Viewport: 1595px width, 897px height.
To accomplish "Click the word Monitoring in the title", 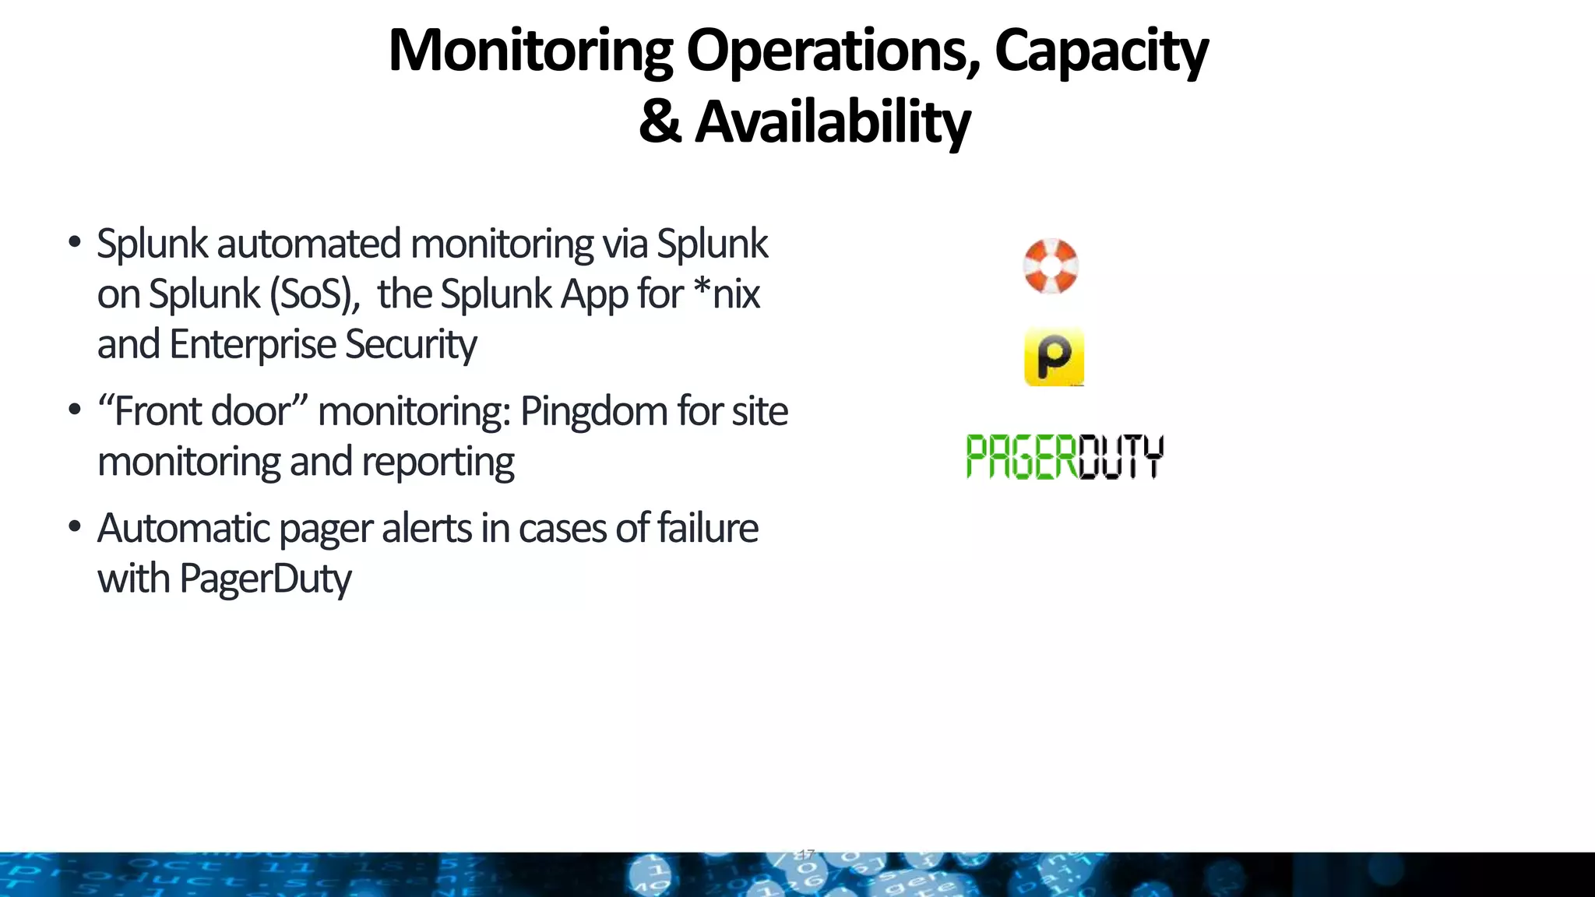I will tap(530, 51).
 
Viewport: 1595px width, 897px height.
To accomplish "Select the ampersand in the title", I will tap(660, 122).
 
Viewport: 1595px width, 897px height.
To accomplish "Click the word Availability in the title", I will tap(832, 122).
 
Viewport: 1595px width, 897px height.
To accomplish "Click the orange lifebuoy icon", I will tap(1051, 266).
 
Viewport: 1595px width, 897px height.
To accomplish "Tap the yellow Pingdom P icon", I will tap(1054, 357).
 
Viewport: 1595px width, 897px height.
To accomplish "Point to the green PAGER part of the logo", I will tap(1021, 456).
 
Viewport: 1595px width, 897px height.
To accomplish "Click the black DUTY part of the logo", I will tap(1121, 456).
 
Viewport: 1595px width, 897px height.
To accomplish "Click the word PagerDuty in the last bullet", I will tap(265, 579).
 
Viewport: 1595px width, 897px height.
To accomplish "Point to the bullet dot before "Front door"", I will tap(75, 410).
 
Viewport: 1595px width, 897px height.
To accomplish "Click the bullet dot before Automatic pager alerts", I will tap(75, 527).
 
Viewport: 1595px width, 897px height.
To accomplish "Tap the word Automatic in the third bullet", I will tap(183, 528).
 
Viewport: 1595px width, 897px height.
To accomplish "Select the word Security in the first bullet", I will tap(410, 344).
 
